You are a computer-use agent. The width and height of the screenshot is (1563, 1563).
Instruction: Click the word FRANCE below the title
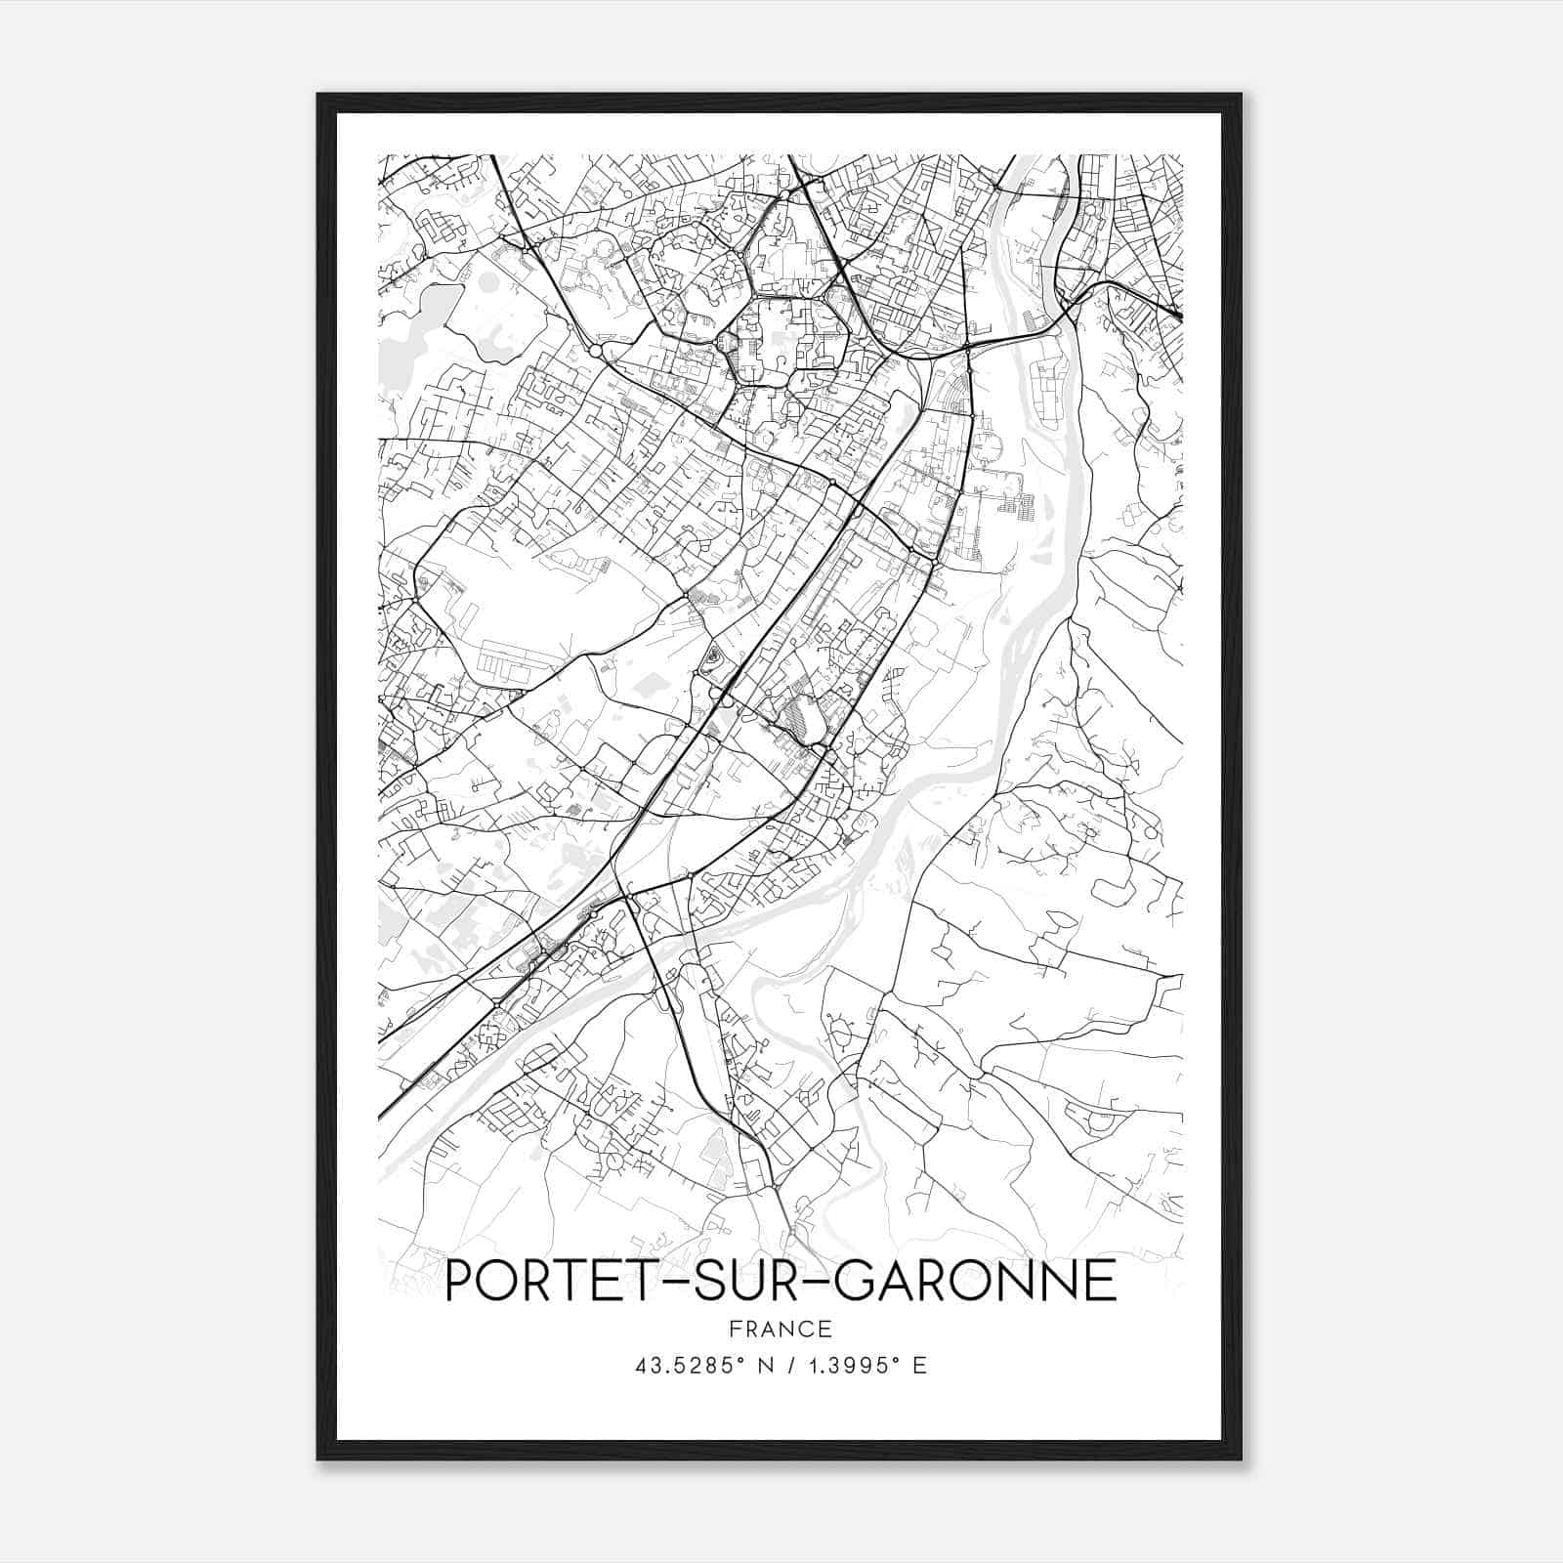click(x=781, y=1329)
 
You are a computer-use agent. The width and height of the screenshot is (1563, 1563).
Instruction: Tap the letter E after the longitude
click(x=919, y=1366)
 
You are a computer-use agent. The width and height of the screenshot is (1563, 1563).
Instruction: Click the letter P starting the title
click(x=458, y=1282)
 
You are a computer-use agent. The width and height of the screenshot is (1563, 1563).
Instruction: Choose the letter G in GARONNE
click(x=856, y=1282)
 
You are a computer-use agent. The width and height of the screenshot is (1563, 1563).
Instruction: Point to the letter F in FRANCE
click(x=734, y=1329)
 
